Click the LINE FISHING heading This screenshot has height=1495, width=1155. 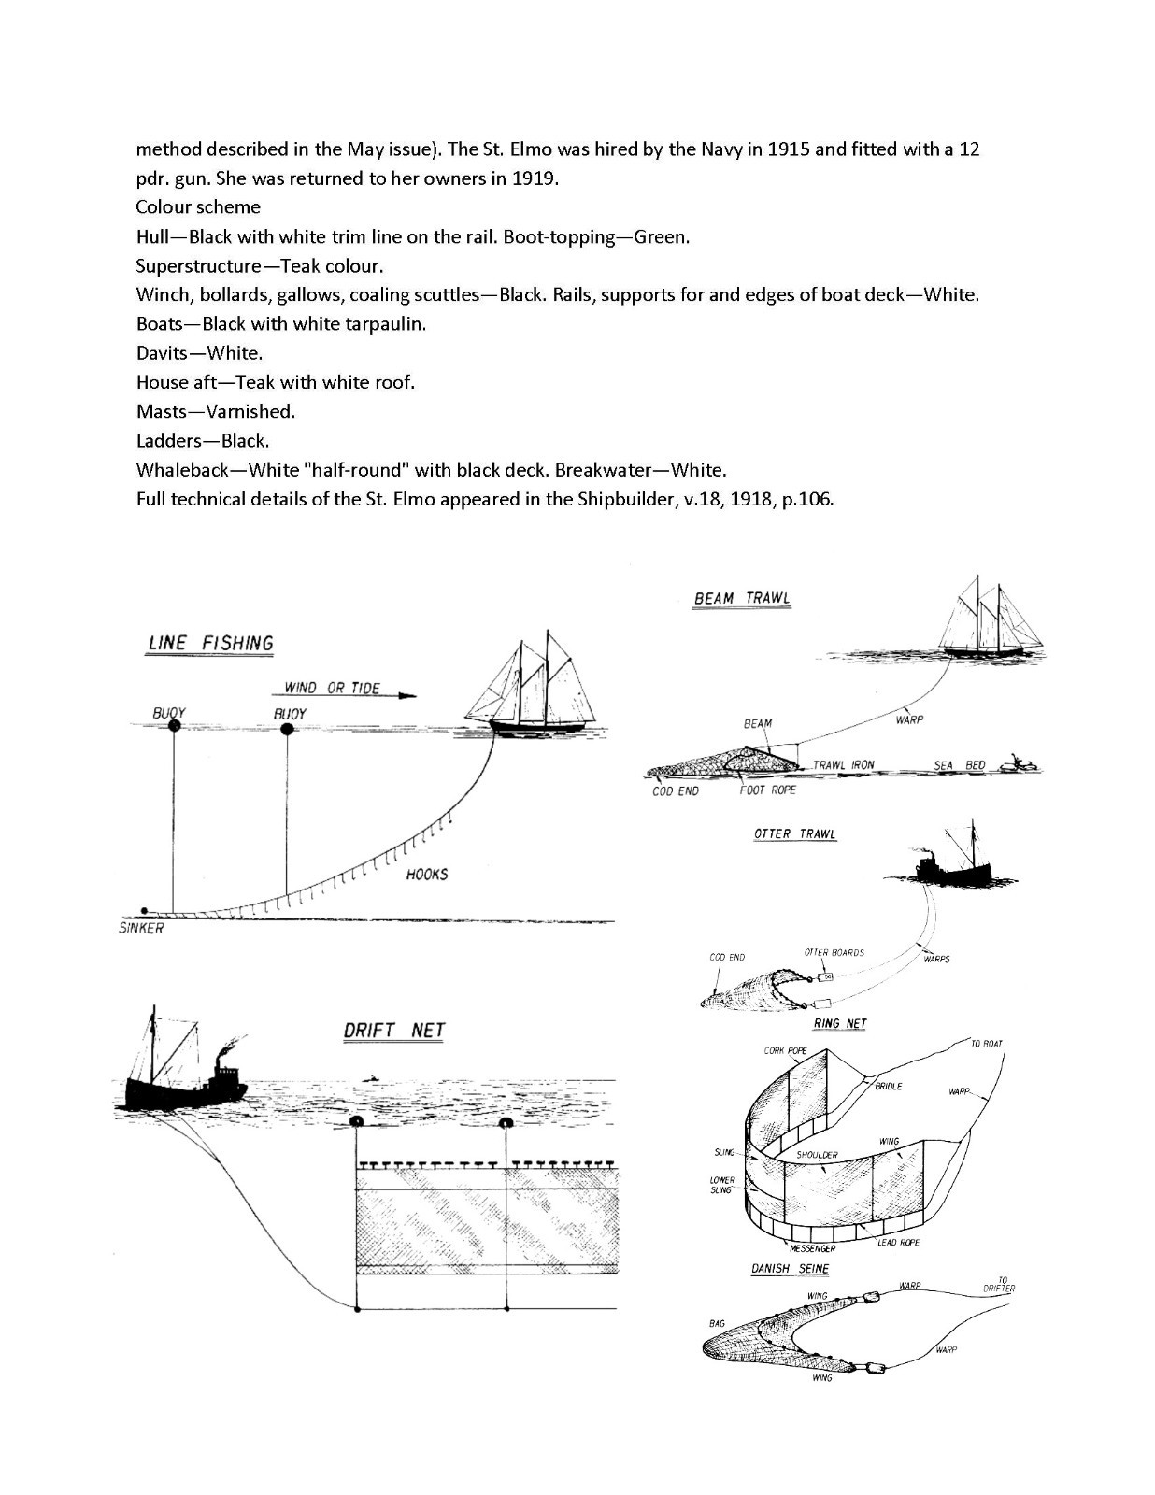[211, 644]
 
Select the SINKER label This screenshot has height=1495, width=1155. [141, 928]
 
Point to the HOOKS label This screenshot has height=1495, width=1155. [427, 875]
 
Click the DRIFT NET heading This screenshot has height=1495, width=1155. [394, 1031]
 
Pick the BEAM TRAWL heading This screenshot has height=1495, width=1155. [742, 598]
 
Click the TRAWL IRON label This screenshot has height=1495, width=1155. [844, 765]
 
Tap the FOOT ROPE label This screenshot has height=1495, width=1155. [768, 790]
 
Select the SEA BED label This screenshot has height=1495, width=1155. [960, 765]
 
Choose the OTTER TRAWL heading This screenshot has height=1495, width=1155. [795, 833]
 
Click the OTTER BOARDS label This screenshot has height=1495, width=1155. [834, 953]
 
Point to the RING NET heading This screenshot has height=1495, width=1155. [840, 1023]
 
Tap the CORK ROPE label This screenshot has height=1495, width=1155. [785, 1050]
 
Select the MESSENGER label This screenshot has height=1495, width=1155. [812, 1248]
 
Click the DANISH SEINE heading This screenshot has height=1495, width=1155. [790, 1269]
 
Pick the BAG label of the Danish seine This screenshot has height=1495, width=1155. [717, 1323]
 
